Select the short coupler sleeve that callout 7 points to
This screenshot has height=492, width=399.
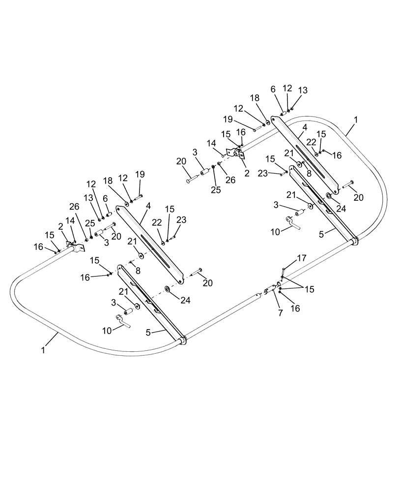(x=270, y=290)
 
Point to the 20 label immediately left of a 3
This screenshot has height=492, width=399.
(x=181, y=161)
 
